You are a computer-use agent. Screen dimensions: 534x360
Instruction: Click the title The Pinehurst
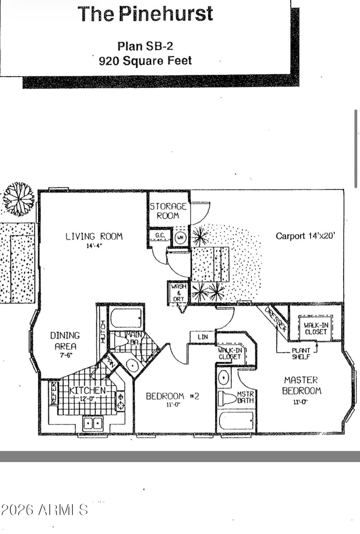click(145, 14)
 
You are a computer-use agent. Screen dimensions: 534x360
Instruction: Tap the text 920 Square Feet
click(145, 61)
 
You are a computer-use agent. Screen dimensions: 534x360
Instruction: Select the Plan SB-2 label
click(145, 46)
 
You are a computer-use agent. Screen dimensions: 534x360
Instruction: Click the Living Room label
click(94, 236)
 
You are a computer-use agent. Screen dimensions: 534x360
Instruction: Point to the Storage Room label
click(168, 211)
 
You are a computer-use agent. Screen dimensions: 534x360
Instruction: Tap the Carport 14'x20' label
click(305, 236)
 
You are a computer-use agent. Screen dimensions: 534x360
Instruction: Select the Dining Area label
click(65, 341)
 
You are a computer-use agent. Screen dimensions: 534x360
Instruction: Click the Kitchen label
click(87, 390)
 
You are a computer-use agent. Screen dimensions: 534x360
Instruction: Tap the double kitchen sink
click(93, 423)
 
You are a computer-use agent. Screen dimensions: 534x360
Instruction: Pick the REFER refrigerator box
click(53, 393)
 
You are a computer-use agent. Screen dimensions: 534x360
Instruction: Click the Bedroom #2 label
click(172, 396)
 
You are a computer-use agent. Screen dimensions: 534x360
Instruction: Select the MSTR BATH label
click(246, 397)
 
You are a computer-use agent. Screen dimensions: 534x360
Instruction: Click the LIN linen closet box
click(202, 337)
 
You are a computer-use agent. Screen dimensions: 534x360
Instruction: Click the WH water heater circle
click(180, 237)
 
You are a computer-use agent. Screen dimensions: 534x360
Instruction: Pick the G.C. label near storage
click(159, 236)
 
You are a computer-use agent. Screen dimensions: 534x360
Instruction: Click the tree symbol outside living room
click(19, 198)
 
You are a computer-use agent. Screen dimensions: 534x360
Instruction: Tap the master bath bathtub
click(236, 421)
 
